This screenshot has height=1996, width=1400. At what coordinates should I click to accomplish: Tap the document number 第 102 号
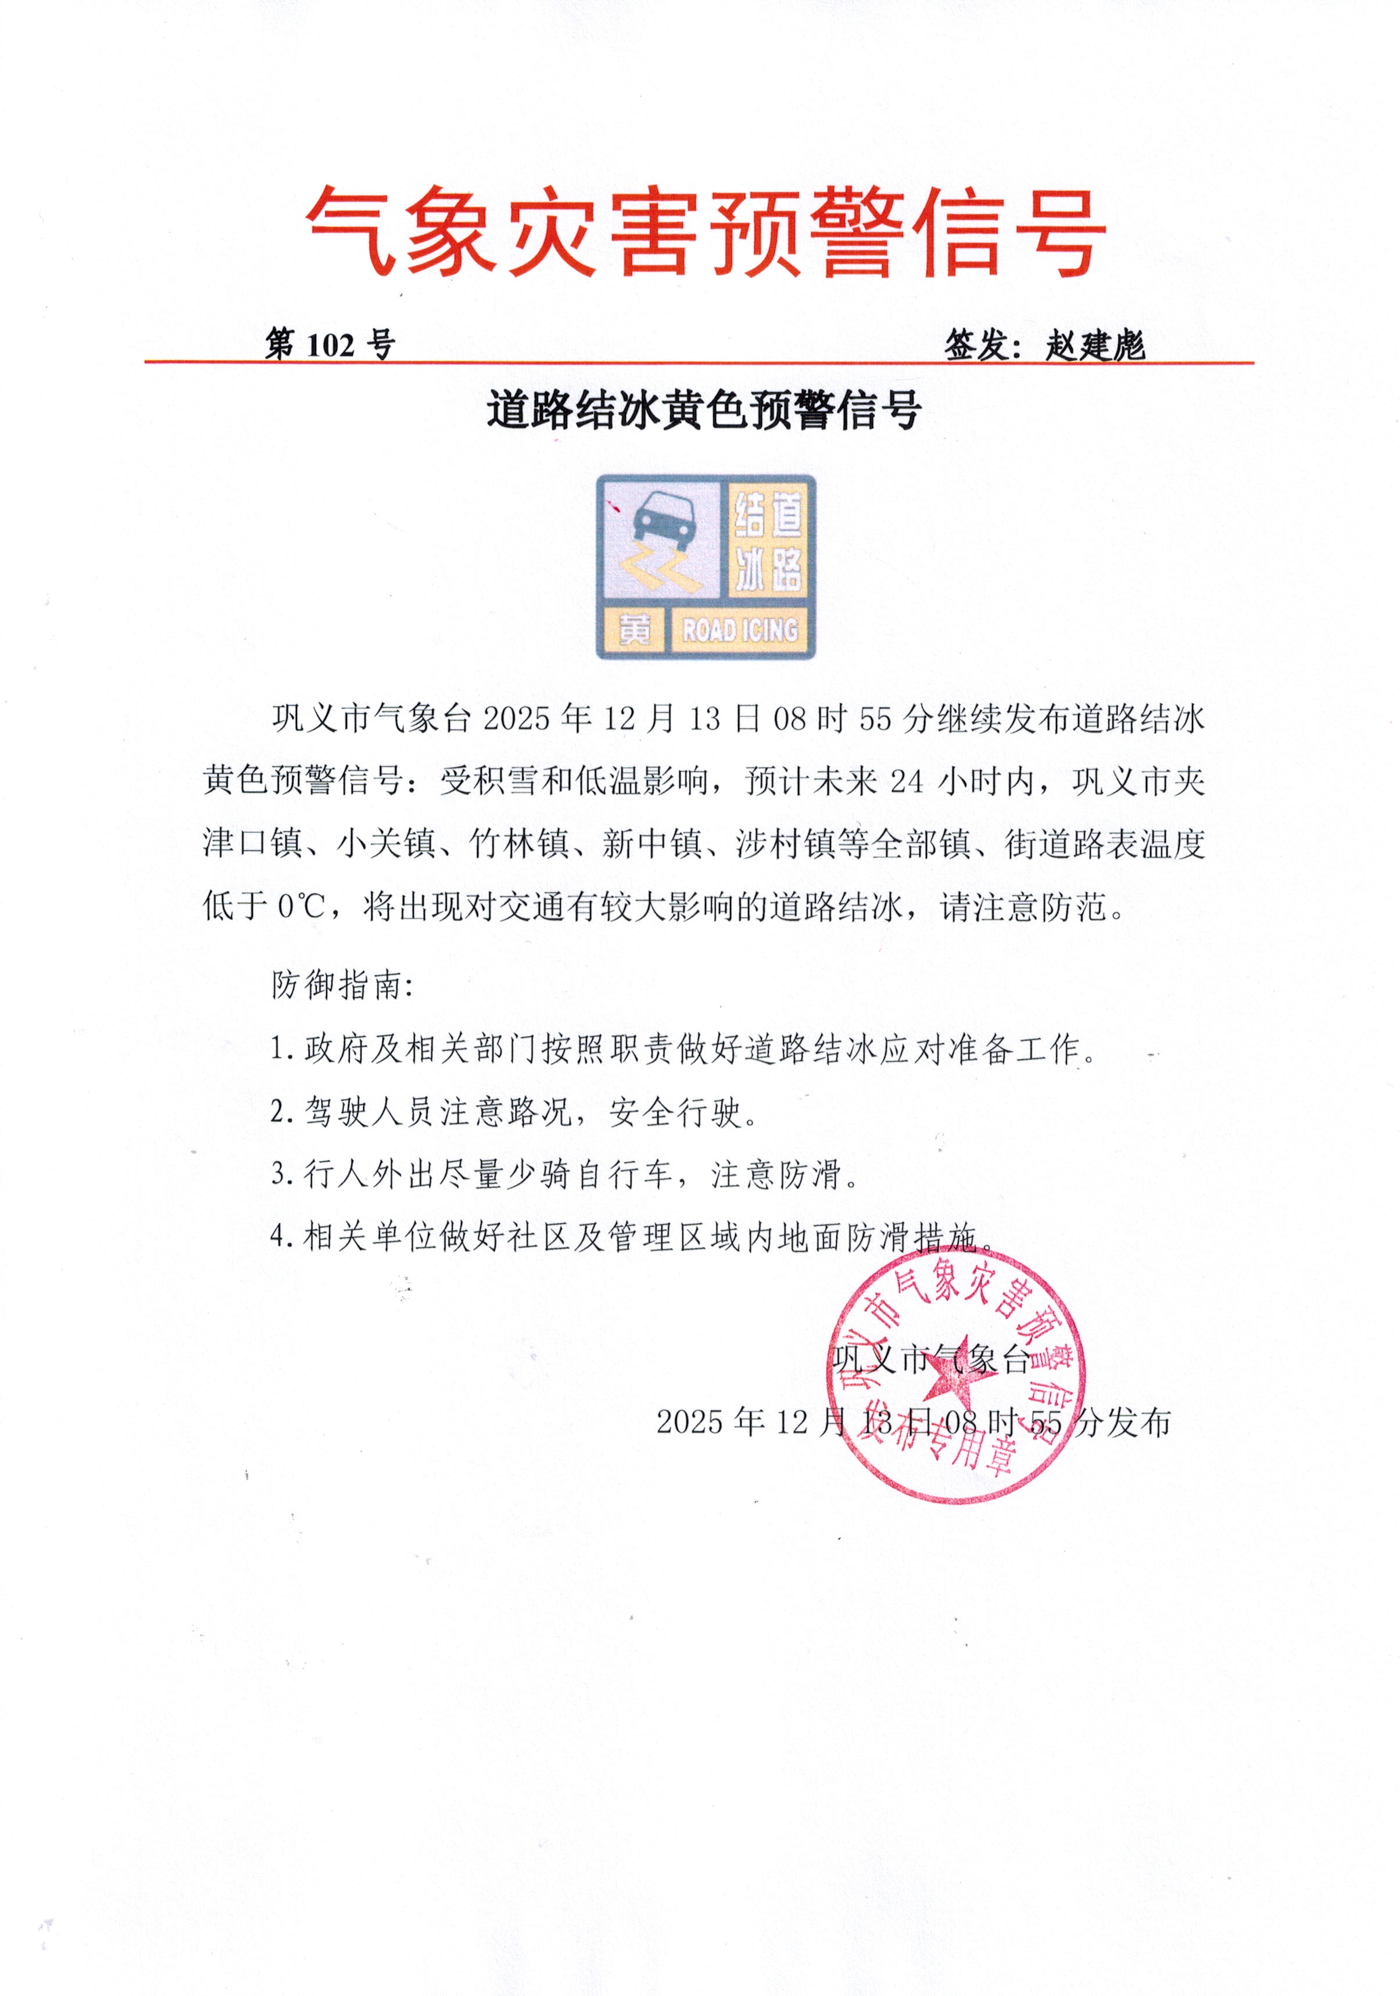tap(330, 345)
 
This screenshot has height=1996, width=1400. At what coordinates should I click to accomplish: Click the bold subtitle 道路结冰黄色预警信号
tap(703, 410)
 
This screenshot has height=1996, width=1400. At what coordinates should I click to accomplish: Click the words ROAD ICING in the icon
tap(740, 629)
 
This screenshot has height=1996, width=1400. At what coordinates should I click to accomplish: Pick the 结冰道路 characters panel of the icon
tap(768, 539)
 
